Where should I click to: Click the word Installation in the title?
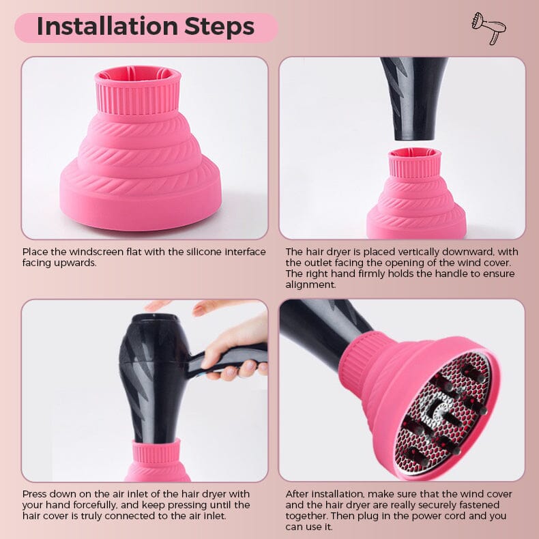(106, 26)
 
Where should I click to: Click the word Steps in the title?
(219, 27)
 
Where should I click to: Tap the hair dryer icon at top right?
(489, 28)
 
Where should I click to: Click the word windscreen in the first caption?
(96, 252)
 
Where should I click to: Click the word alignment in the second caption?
(310, 285)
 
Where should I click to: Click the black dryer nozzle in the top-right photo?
(414, 99)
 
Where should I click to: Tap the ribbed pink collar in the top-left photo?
(138, 91)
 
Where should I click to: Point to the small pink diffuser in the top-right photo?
(416, 194)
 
